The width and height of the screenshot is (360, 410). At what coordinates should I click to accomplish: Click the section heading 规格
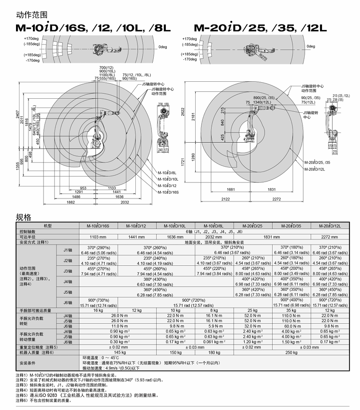pos(23,216)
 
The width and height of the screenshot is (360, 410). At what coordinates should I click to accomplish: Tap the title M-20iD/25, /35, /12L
pos(260,28)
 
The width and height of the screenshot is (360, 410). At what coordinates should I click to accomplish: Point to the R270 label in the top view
pos(264,57)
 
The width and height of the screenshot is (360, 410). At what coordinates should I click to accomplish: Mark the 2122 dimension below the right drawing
pos(226,199)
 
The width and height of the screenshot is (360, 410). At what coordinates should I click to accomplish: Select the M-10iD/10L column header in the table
pos(176,226)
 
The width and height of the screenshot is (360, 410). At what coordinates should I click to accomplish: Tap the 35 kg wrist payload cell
pos(291,310)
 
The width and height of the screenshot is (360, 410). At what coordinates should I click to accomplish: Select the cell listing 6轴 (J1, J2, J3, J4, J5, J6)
pos(215,231)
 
